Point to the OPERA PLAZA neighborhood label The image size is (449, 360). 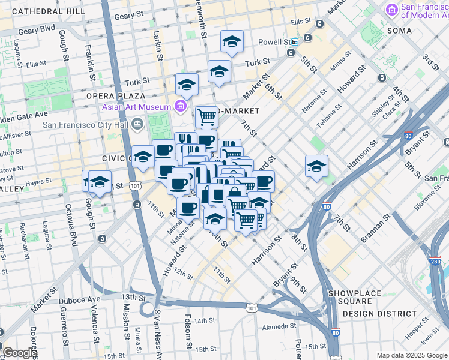coord(116,96)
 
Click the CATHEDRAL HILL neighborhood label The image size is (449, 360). coord(48,11)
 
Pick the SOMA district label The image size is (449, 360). coord(399,30)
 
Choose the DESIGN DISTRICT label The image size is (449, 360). coord(379,313)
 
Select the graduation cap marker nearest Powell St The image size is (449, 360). coord(232,41)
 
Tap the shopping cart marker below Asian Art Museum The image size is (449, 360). coord(206,115)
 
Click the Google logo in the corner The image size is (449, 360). coord(20,353)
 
